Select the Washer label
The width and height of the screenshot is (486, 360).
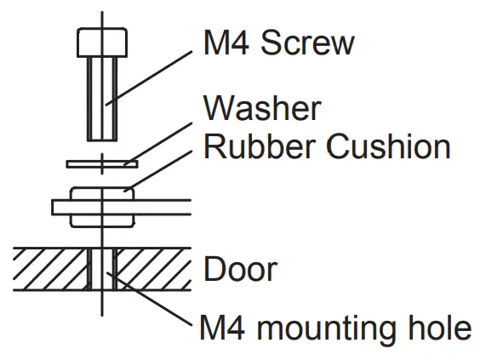[x=261, y=109]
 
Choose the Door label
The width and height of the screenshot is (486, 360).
[x=240, y=270]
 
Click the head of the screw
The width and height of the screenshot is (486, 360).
[x=103, y=40]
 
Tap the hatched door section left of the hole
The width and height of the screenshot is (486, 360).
[x=47, y=269]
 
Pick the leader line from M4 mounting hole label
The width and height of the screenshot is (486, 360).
[x=153, y=303]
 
